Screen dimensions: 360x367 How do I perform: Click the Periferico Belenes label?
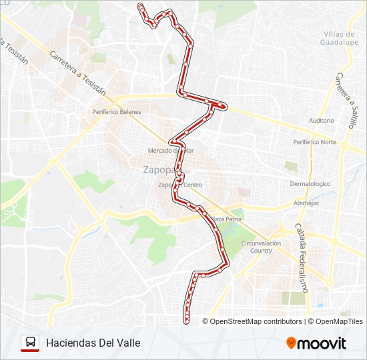[117, 112]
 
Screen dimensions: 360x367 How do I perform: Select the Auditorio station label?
[321, 121]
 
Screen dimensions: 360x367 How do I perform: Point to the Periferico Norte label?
[314, 142]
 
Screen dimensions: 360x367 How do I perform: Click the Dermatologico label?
[310, 183]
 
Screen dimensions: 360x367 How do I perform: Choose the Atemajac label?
[308, 203]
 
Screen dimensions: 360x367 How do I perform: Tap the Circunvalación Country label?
[261, 247]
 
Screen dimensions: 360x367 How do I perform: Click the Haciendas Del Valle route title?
[93, 343]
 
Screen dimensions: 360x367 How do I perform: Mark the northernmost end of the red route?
[140, 5]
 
